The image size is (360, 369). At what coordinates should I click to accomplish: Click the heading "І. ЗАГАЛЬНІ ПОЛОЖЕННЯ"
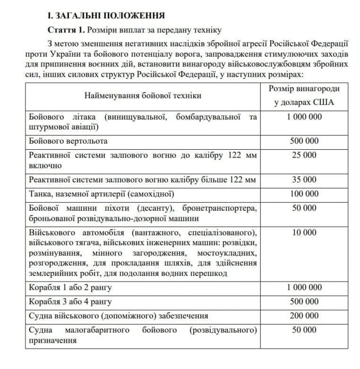[106, 16]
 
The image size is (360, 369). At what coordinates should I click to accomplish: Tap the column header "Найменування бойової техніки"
[143, 96]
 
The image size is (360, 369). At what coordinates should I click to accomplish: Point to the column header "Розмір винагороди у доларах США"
[304, 96]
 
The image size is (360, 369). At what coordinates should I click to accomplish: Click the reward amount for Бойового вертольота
[304, 141]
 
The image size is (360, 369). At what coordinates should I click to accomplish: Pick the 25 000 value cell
[304, 155]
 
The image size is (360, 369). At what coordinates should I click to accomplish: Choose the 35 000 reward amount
[304, 180]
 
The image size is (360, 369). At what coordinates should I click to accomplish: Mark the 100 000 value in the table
[304, 194]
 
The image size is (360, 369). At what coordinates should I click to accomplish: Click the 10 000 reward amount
[304, 232]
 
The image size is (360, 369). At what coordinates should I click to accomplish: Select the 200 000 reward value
[304, 316]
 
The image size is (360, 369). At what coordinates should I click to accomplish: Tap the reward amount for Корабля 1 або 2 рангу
[304, 287]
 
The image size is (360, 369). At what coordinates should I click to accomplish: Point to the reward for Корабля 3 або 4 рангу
[304, 302]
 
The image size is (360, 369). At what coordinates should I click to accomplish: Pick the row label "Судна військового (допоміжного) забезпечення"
[118, 316]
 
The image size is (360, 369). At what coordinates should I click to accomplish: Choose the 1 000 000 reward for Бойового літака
[304, 117]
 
